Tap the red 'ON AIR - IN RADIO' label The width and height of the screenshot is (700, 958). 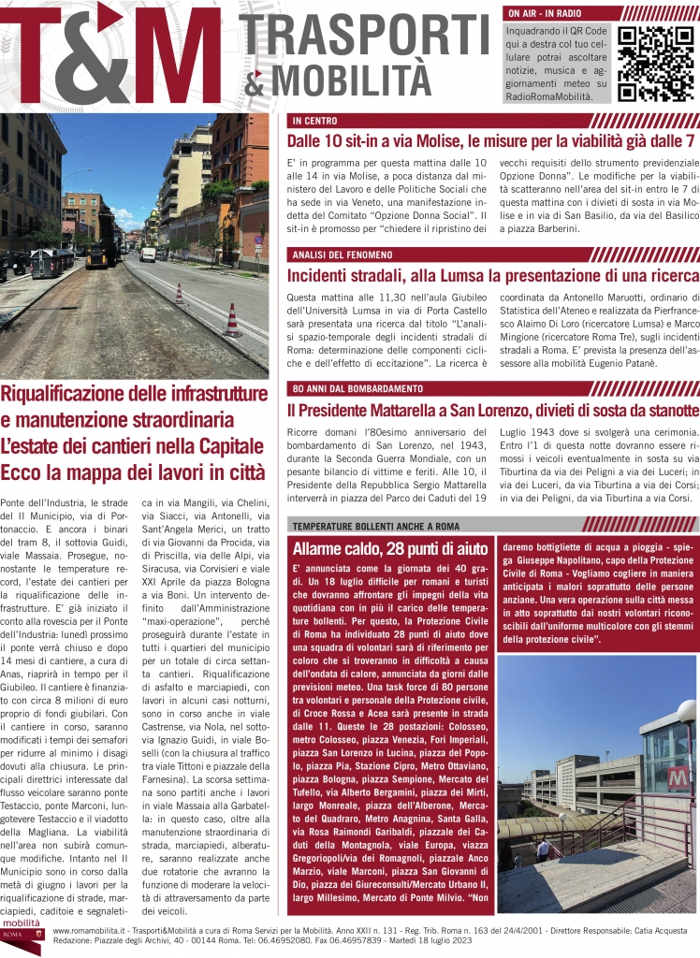pyautogui.click(x=543, y=14)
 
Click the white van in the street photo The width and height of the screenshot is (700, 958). pyautogui.click(x=148, y=254)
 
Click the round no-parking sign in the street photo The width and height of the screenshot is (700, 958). pyautogui.click(x=259, y=239)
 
